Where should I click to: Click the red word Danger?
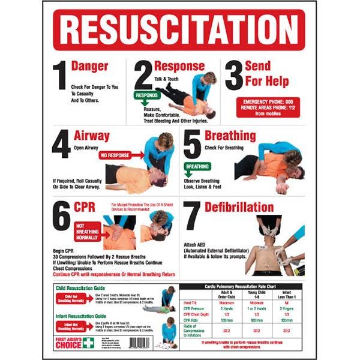(89, 66)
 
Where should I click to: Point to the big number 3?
(232, 77)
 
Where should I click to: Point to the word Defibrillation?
(239, 208)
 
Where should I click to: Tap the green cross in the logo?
(89, 341)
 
